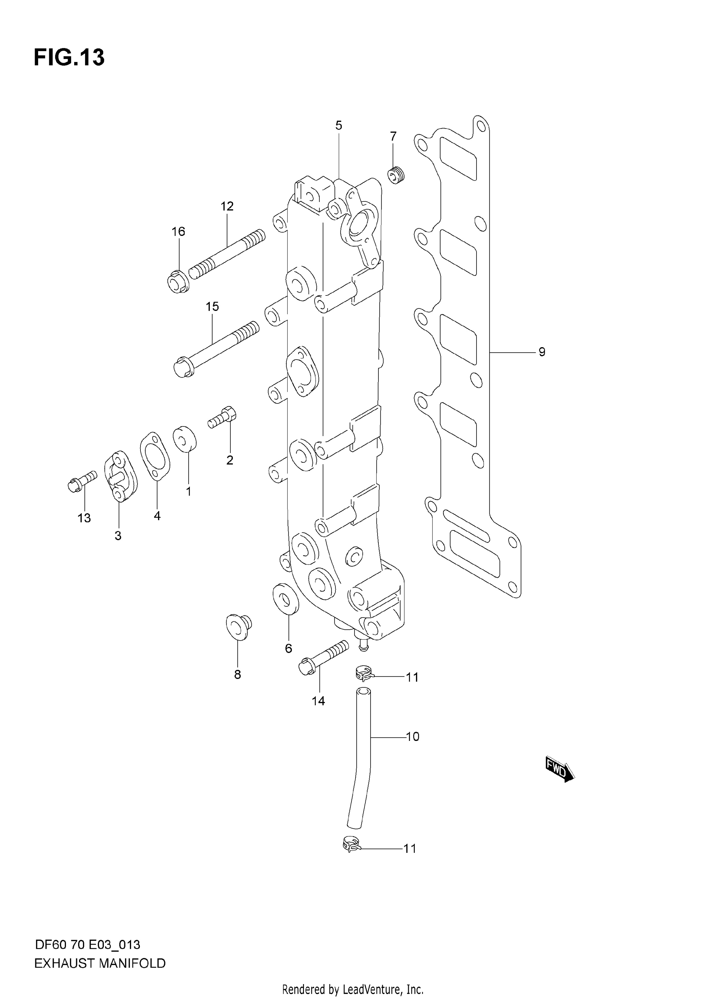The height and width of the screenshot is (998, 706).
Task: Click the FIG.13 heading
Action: pyautogui.click(x=69, y=57)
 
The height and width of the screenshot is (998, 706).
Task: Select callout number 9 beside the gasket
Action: pyautogui.click(x=542, y=352)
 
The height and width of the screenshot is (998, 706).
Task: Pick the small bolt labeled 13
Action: pyautogui.click(x=82, y=482)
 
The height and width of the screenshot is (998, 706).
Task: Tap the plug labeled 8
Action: pyautogui.click(x=239, y=626)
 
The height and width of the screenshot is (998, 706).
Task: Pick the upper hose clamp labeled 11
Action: pyautogui.click(x=362, y=674)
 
